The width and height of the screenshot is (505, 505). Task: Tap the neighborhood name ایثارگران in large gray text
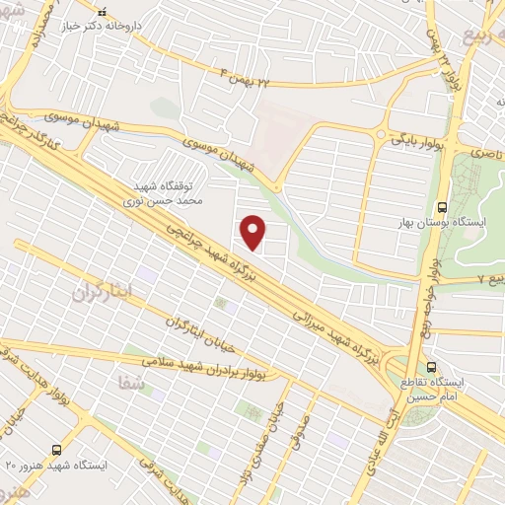click(101, 293)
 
